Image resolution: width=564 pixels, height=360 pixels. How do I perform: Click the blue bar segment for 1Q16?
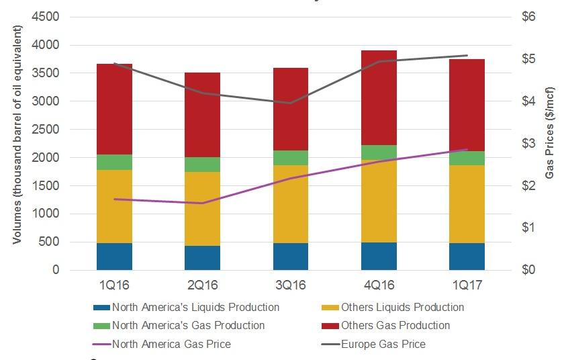114,256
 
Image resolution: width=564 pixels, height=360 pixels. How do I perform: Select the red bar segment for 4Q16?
379,97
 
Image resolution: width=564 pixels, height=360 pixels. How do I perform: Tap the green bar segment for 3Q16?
291,158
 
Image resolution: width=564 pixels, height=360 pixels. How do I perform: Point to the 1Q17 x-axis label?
467,285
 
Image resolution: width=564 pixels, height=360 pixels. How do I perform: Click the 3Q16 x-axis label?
291,285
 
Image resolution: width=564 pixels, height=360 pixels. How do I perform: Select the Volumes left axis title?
18,134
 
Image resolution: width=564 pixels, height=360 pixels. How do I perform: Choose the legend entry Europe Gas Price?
384,344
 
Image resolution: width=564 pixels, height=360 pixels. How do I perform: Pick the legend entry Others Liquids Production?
402,307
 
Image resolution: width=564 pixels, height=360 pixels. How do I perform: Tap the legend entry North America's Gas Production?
188,325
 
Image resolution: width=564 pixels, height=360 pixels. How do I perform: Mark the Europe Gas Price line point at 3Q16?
291,103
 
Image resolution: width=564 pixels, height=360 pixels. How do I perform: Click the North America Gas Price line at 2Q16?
202,203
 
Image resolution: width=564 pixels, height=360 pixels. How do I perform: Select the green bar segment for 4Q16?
379,152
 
